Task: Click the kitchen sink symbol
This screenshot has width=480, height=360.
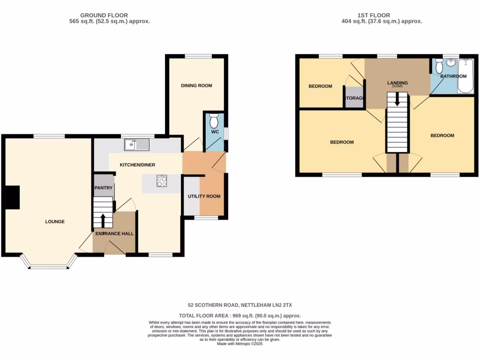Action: (136, 145)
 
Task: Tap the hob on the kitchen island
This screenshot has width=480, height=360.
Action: (162, 181)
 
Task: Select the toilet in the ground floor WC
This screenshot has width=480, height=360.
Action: (214, 121)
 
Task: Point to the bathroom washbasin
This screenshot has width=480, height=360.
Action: (451, 63)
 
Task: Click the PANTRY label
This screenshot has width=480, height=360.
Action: (104, 187)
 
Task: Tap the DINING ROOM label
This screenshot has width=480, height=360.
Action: (196, 86)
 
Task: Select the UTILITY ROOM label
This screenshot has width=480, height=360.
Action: (204, 196)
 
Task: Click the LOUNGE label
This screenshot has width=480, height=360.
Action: (55, 222)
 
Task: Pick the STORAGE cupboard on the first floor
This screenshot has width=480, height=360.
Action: (354, 98)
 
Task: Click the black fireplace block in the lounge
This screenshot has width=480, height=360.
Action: (11, 197)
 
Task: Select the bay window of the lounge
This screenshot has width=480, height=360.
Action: (49, 266)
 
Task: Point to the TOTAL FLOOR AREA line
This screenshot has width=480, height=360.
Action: (240, 316)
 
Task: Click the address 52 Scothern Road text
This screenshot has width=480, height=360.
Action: (240, 305)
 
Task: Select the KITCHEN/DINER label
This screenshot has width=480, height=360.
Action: (137, 165)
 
